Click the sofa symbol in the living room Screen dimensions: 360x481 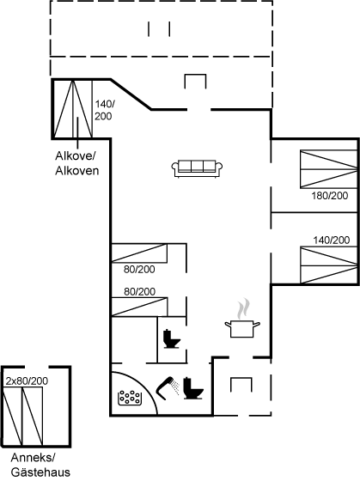click(x=197, y=168)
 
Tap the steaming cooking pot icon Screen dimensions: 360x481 click(x=242, y=319)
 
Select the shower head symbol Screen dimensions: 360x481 click(x=168, y=388)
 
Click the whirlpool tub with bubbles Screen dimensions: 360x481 click(x=130, y=399)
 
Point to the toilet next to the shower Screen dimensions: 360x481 click(x=193, y=388)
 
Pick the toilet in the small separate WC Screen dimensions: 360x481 click(x=172, y=338)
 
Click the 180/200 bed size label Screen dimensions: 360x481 click(x=330, y=196)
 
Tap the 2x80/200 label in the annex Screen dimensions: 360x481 click(x=27, y=381)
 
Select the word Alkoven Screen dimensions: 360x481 click(x=77, y=171)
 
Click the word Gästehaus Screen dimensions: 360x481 click(x=40, y=472)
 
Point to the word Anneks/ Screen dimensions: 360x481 click(x=33, y=458)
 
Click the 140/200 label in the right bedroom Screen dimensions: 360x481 click(x=331, y=240)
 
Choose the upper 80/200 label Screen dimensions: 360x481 click(x=139, y=270)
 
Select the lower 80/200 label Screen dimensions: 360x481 click(x=140, y=291)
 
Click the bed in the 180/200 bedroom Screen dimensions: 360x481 click(x=329, y=168)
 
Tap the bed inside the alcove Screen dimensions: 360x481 click(x=73, y=109)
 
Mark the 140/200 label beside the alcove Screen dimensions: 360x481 click(x=104, y=110)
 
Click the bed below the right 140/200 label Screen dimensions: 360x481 click(x=329, y=265)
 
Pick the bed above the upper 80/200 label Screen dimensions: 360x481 click(x=139, y=253)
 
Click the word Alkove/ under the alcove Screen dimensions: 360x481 click(x=76, y=155)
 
